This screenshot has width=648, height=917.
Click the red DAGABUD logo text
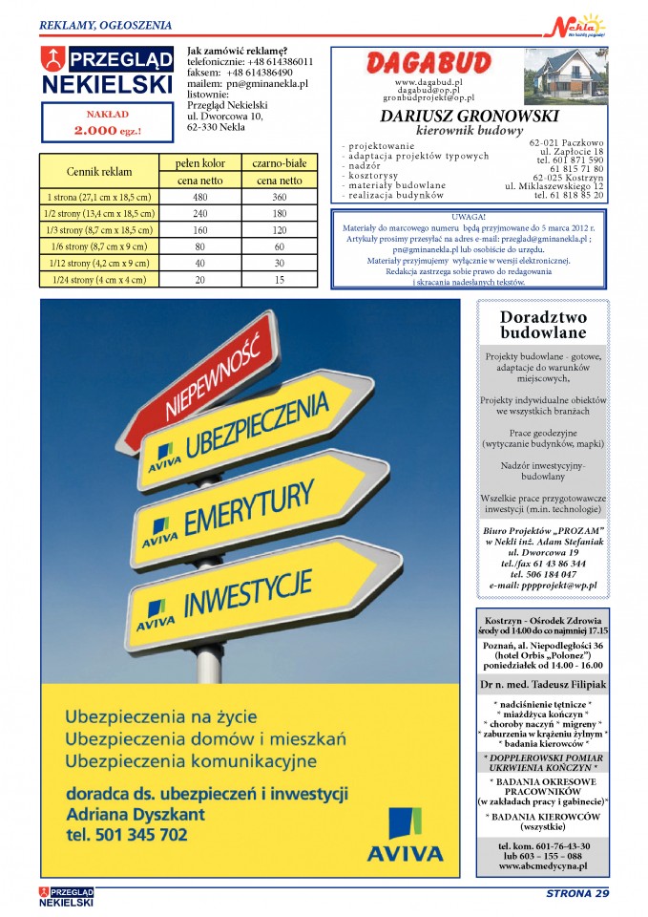[430, 64]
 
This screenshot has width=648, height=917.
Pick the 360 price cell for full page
[279, 197]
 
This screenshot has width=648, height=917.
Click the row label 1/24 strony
[86, 280]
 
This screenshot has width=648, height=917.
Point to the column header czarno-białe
[279, 163]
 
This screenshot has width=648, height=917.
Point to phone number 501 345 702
[127, 834]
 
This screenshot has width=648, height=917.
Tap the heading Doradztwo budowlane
[543, 325]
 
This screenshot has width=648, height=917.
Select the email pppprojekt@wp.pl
[543, 585]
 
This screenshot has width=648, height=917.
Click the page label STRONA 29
[576, 894]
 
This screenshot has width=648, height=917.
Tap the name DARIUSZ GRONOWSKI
[470, 116]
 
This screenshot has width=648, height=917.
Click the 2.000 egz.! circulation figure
[107, 129]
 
